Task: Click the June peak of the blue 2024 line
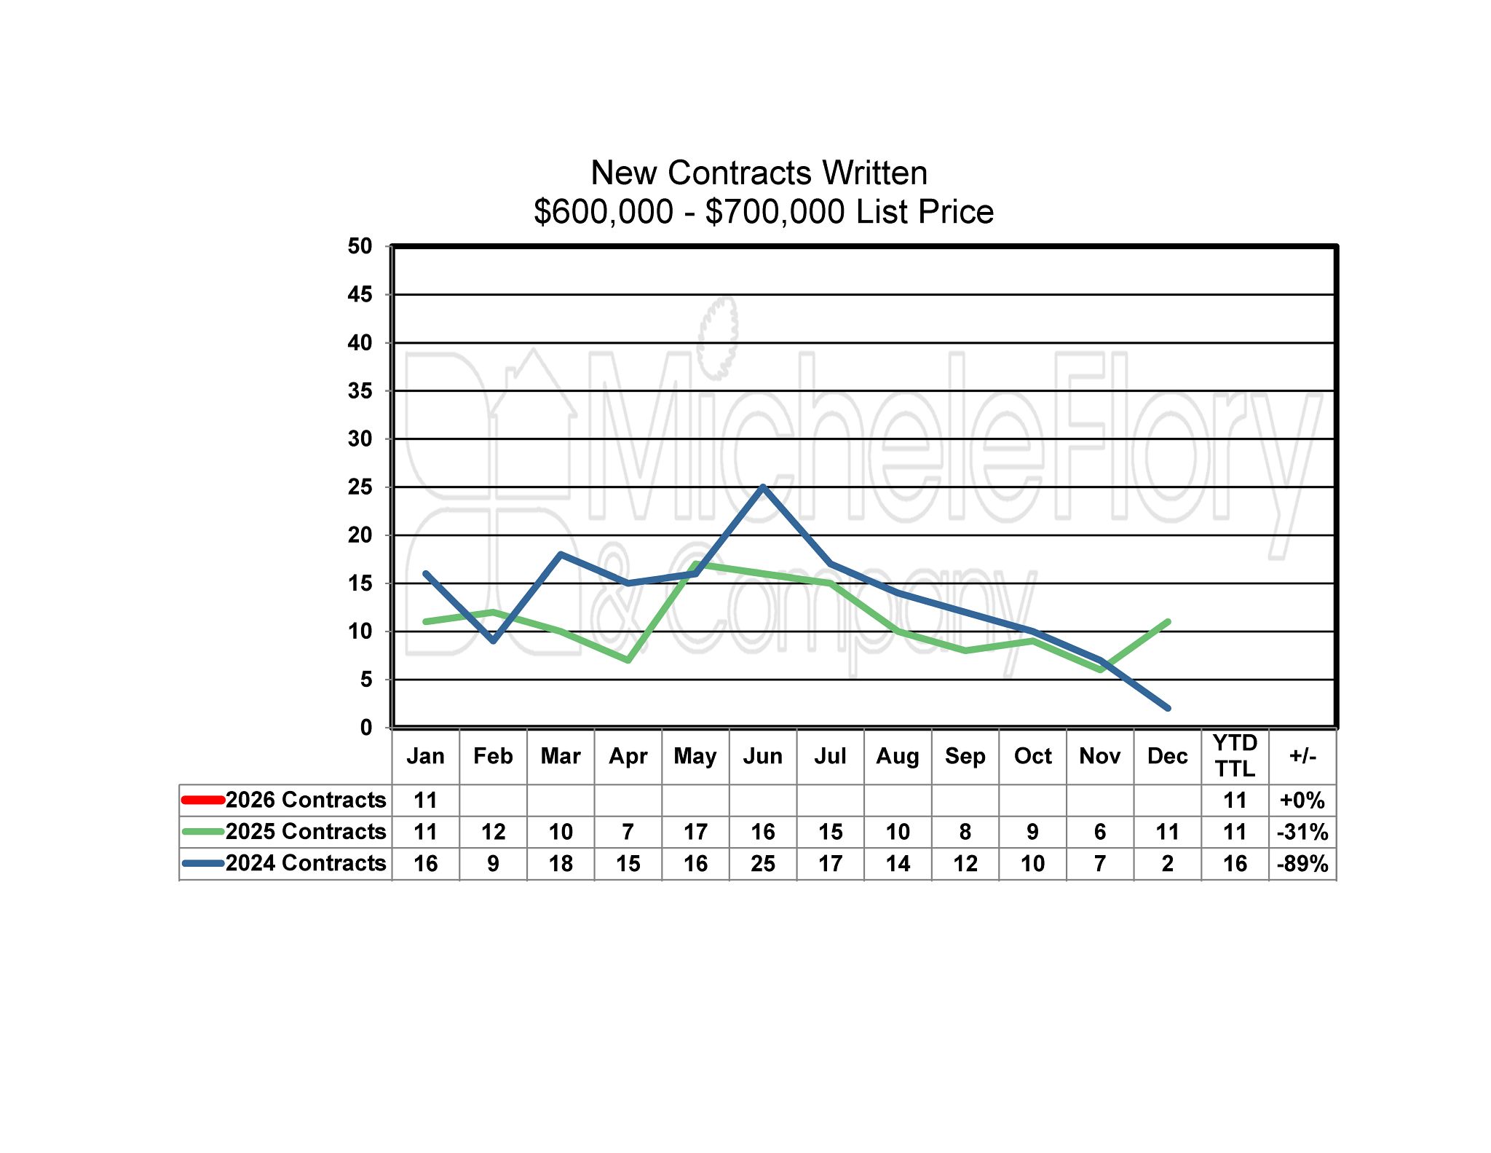coord(763,487)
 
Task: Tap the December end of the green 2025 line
coord(1168,622)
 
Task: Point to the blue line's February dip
coord(494,640)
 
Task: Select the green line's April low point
coord(628,660)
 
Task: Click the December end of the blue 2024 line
coord(1168,708)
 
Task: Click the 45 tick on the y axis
coord(360,294)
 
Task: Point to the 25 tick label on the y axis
coord(360,487)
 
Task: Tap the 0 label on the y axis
coord(365,727)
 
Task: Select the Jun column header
coord(763,756)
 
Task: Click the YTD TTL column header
coord(1235,756)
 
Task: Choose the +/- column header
coord(1302,756)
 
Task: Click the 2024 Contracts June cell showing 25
coord(763,864)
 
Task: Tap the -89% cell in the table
coord(1302,864)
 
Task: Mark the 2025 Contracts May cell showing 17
coord(695,832)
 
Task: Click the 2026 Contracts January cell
coord(426,800)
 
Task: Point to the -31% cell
coord(1302,832)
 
